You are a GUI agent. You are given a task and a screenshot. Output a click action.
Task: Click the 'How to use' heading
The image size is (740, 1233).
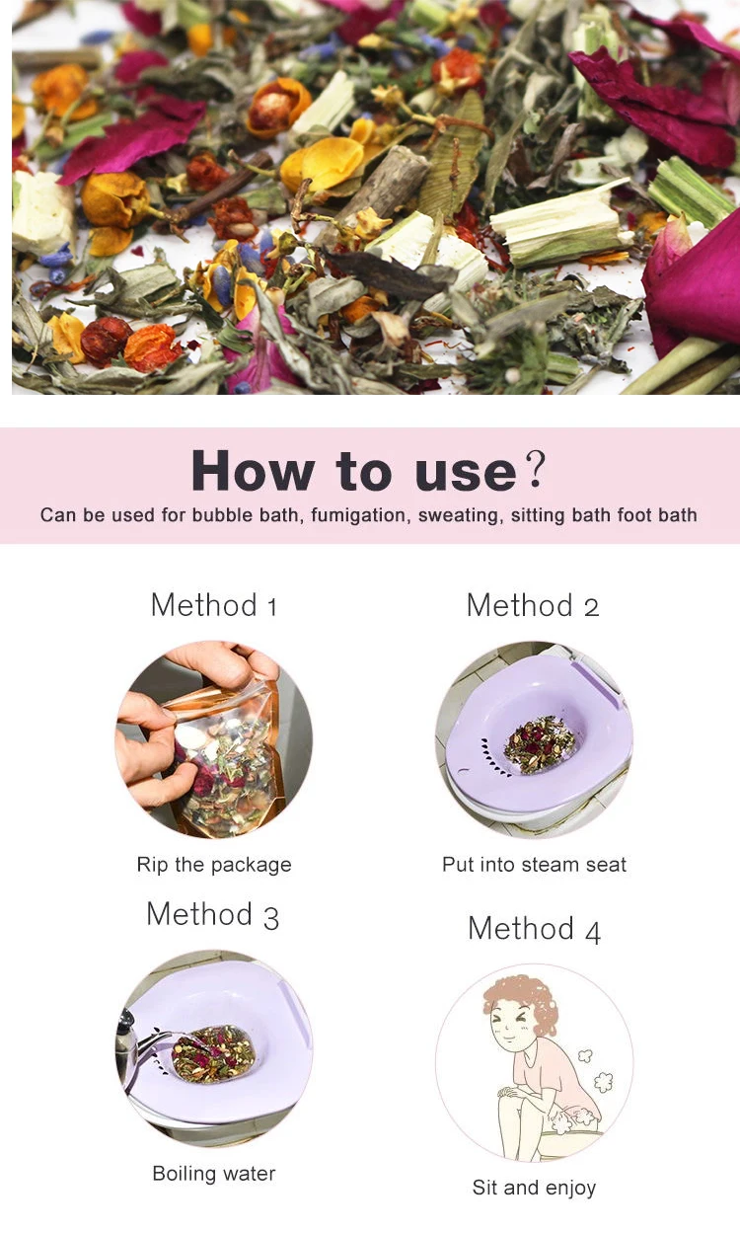tap(354, 470)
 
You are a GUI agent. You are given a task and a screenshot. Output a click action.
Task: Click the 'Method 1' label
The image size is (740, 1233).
tap(213, 604)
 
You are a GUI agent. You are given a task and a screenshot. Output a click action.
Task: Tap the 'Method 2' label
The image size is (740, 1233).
tap(533, 604)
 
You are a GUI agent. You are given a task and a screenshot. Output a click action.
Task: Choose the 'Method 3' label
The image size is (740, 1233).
tap(212, 914)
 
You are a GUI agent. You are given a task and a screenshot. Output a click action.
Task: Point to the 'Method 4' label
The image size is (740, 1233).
tap(534, 928)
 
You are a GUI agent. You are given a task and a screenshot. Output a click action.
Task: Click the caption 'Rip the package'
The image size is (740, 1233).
tap(214, 865)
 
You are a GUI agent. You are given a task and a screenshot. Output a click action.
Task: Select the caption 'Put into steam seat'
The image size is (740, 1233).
tap(534, 865)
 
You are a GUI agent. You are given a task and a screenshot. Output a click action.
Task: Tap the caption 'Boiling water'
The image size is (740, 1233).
tap(214, 1174)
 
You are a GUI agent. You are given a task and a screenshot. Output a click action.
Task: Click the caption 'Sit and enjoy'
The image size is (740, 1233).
tap(534, 1188)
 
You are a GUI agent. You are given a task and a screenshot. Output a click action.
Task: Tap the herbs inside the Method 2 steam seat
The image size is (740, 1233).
tap(540, 743)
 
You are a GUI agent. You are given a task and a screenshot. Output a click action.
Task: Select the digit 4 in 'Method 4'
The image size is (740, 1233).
tap(592, 930)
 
